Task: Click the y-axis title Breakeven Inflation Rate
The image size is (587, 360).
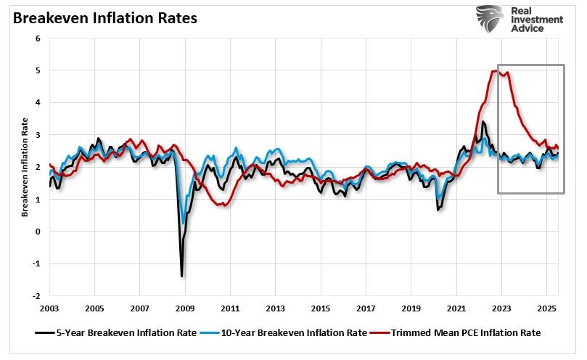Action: tap(25, 168)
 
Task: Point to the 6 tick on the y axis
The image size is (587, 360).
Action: tap(38, 38)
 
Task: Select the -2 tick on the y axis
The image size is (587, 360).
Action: tap(36, 296)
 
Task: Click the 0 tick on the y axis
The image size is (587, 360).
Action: tap(38, 232)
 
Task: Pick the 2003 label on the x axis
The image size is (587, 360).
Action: tap(49, 308)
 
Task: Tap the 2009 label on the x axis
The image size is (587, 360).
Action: tap(185, 308)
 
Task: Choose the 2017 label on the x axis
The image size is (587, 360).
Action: tap(366, 308)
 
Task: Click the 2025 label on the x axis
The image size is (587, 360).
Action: tap(546, 308)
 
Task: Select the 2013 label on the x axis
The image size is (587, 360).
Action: tap(276, 308)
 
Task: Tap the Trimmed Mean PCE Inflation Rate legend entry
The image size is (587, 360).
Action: tap(458, 333)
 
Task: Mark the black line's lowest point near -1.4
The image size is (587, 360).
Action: tap(181, 276)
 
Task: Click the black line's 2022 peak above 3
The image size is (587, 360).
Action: tap(483, 122)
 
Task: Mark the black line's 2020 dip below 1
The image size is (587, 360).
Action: tap(438, 210)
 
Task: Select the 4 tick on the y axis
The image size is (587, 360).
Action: tap(38, 103)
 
